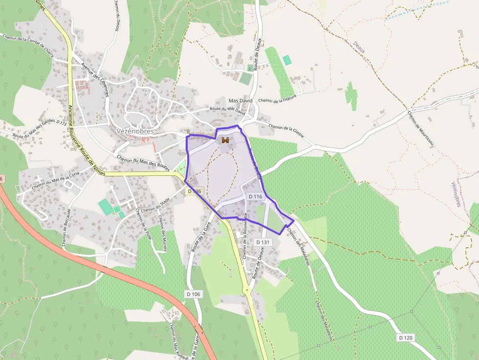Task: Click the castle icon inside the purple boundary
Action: point(225,140)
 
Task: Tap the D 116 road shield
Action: point(256,196)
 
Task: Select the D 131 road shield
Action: point(262,242)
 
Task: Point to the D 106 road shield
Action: point(194,294)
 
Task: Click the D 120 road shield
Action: point(406,338)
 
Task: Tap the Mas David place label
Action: point(240,101)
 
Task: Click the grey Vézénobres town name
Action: point(135,131)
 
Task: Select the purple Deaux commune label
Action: point(359,47)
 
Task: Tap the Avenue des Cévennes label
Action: point(95,79)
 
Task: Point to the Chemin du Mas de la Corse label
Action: point(55,179)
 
